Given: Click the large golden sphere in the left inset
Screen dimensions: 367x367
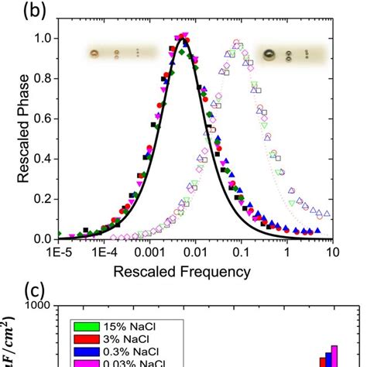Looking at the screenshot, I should click(x=95, y=53).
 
